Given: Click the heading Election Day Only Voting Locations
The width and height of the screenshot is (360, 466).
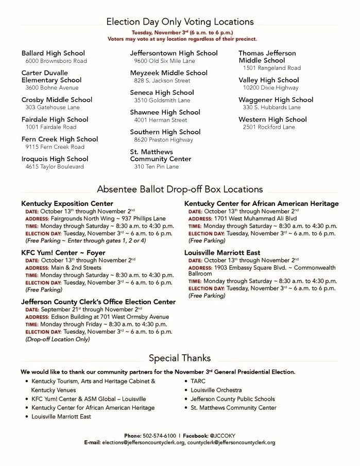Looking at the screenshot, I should click(180, 22).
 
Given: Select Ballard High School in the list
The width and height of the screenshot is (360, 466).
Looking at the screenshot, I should click(53, 53).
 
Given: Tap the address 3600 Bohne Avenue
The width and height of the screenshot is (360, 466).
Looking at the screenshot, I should click(52, 88).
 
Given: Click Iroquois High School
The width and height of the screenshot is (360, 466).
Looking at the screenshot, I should click(55, 159).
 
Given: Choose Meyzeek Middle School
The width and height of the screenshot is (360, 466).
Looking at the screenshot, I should click(168, 73).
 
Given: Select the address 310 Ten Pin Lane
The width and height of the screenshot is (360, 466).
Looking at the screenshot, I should click(157, 167).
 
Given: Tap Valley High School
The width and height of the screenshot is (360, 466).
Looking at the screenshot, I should click(268, 80).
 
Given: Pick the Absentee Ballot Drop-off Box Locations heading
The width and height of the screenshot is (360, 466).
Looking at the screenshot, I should click(180, 189).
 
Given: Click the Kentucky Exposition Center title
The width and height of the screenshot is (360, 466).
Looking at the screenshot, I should click(67, 203).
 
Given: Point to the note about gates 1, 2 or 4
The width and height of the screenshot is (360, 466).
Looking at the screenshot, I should click(85, 240).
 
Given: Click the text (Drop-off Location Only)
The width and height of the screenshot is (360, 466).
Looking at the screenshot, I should click(58, 340).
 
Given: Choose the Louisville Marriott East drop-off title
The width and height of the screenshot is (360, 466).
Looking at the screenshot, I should click(222, 253).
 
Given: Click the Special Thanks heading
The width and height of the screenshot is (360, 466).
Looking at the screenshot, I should click(180, 358).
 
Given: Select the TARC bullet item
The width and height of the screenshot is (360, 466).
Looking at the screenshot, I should click(198, 382).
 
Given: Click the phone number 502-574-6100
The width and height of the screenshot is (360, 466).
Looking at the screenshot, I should click(160, 436).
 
